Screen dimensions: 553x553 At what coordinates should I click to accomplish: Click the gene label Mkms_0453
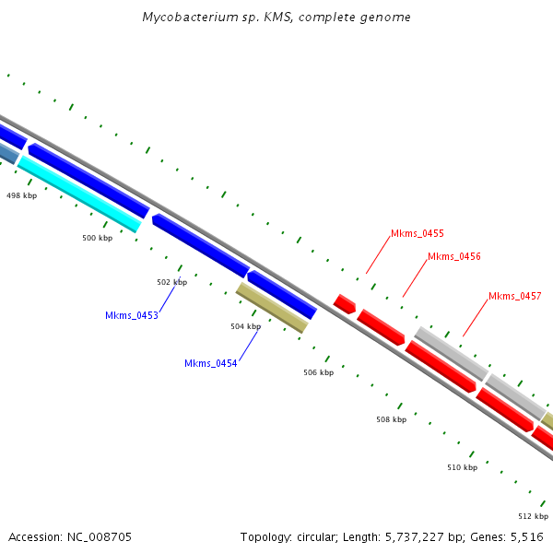coord(132,315)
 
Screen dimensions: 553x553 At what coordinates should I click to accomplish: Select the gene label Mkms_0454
coord(211,363)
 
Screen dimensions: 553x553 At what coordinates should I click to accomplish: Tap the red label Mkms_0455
coord(418,234)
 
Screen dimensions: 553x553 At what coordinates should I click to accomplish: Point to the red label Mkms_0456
coord(454,256)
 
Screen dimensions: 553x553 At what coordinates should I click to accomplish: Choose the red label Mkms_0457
coord(514,296)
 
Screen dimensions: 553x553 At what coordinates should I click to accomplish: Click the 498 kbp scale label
coord(21,195)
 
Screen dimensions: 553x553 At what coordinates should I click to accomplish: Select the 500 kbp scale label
coord(97,238)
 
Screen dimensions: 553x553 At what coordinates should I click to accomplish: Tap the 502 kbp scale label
coord(171,282)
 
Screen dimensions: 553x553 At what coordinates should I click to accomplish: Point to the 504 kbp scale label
coord(245,326)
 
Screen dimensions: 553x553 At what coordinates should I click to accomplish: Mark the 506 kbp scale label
coord(318,372)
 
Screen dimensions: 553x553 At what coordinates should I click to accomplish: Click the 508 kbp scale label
coord(391,419)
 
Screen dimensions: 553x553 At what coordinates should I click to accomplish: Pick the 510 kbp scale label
coord(462,467)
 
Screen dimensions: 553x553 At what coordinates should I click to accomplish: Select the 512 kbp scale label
coord(533,516)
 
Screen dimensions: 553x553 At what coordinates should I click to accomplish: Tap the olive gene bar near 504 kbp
coord(271,307)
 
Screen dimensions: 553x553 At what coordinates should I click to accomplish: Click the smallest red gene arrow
coord(345,303)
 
